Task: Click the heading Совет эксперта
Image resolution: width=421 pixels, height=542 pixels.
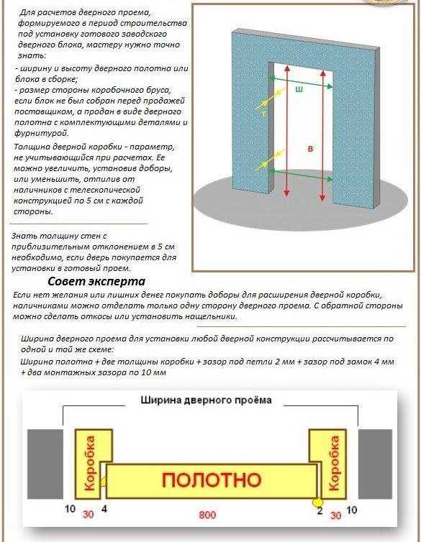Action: [x=96, y=281]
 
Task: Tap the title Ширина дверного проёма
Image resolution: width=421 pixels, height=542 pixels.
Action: [x=206, y=400]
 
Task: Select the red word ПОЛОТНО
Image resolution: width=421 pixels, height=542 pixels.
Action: [x=212, y=480]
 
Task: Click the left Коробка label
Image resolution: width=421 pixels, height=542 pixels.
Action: [x=89, y=463]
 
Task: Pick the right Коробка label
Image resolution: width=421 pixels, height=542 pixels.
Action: [x=334, y=463]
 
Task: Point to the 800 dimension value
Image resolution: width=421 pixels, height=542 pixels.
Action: [x=207, y=515]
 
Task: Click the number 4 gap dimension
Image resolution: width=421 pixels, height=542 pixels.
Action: [x=104, y=509]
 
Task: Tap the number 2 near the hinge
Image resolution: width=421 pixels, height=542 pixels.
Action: [x=320, y=510]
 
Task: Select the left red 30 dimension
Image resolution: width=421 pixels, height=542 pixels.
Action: [x=88, y=515]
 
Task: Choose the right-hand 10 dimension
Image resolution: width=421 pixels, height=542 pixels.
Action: [x=351, y=510]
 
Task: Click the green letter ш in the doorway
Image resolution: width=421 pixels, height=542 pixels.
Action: [x=299, y=90]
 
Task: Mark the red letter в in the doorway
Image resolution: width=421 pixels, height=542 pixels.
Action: [x=310, y=149]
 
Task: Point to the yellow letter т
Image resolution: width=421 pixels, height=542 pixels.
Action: [x=264, y=114]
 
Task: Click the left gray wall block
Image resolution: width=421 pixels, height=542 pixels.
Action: [x=45, y=464]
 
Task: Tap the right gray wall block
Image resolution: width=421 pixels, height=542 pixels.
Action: [x=376, y=464]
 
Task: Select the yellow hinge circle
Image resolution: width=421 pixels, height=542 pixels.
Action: [x=317, y=502]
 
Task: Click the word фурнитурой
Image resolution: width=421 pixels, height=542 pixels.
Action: [x=42, y=133]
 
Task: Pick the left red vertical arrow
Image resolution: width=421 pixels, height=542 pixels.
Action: [x=286, y=131]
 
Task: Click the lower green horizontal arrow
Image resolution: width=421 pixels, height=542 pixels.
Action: [x=301, y=175]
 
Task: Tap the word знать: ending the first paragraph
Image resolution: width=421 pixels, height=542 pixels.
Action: [x=31, y=55]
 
